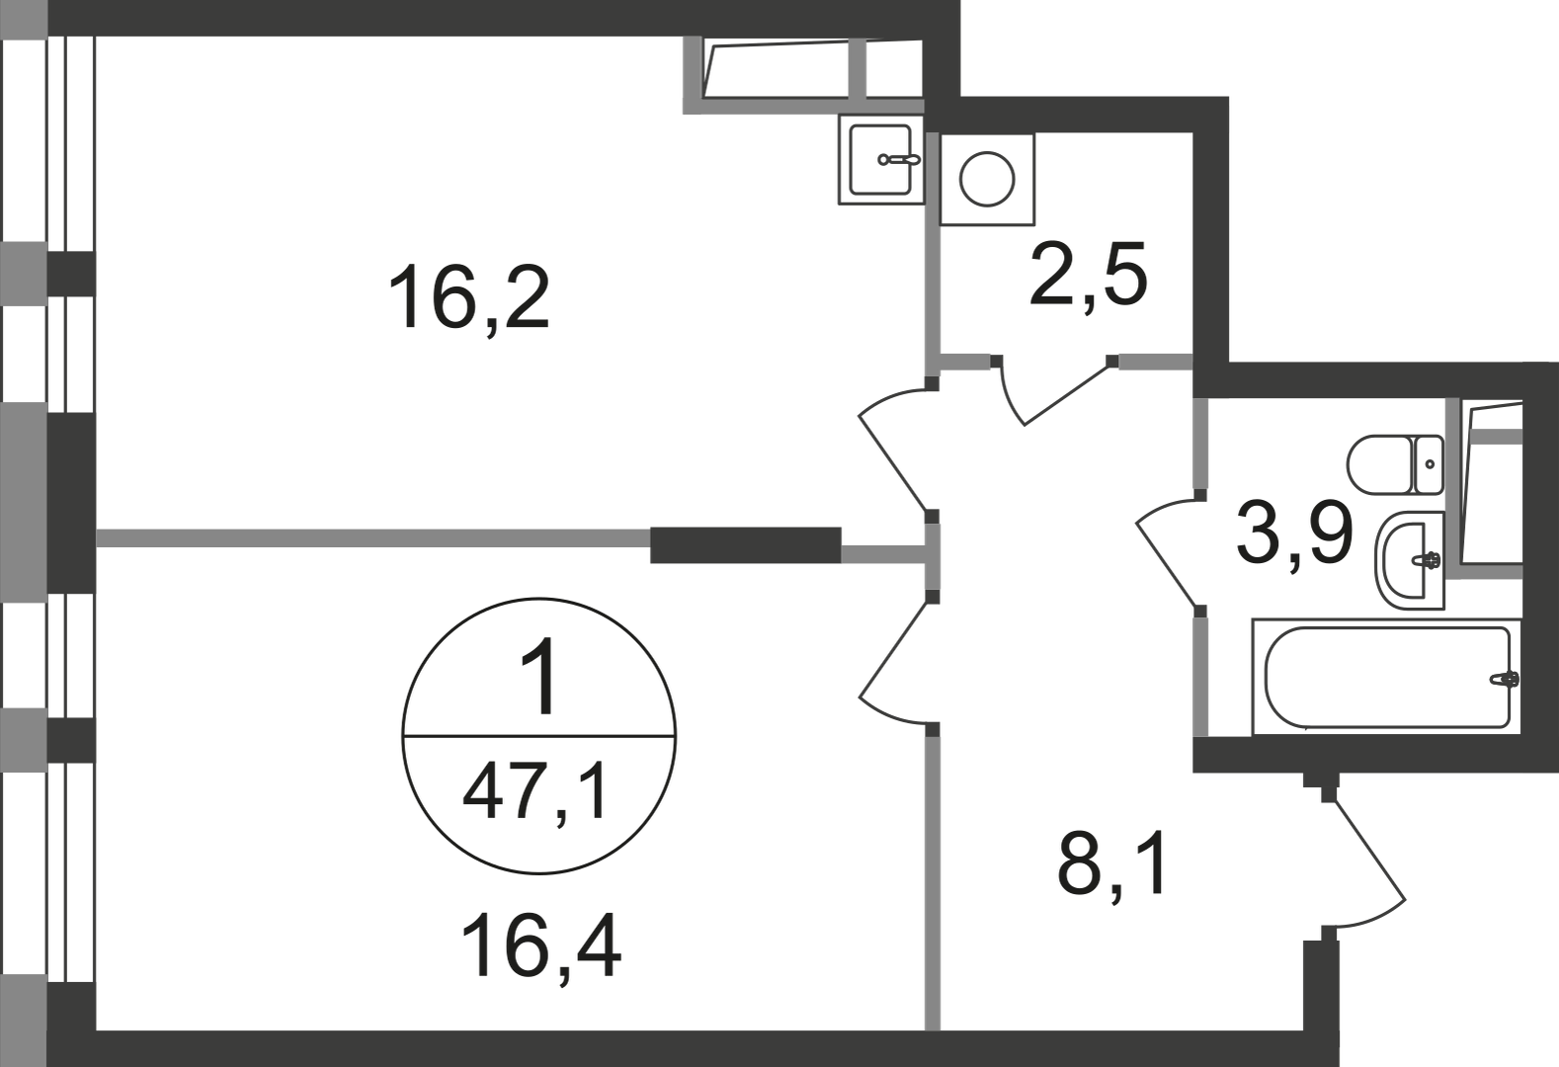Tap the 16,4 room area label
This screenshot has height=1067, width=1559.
coord(540,947)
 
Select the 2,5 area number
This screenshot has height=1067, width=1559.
coord(1088,275)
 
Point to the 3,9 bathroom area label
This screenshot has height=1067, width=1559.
coord(1294,533)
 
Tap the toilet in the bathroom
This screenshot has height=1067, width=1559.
coord(1395,465)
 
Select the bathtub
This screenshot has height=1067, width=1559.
coord(1387,677)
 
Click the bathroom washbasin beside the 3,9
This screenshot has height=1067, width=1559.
coord(1410,560)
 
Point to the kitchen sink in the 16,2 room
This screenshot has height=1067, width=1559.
coord(880,160)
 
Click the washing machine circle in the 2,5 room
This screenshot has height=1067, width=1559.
coord(986,180)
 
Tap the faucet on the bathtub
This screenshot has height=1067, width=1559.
coord(1504,679)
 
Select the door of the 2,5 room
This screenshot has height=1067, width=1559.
coord(1054,390)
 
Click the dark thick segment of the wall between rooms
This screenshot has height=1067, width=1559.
coord(745,545)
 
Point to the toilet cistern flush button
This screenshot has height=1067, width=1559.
coord(1430,463)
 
